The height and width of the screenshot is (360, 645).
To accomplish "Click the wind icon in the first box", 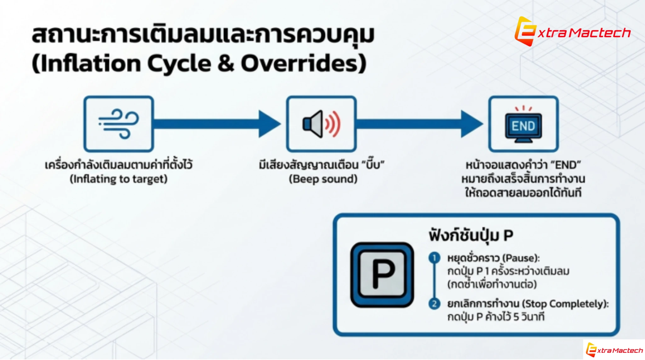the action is pos(118,124).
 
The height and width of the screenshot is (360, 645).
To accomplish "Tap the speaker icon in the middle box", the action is pos(321,124).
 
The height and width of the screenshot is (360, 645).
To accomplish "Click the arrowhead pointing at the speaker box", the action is pos(270,124).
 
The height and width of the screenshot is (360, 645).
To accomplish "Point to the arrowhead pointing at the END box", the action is pos(472,124).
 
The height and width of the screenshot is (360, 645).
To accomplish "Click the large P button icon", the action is pos(382,275).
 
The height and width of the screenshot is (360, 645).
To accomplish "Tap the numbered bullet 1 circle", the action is pos(434,258).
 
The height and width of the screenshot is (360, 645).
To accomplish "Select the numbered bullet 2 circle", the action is pos(434,304).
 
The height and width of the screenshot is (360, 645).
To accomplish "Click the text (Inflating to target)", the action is pos(118,179).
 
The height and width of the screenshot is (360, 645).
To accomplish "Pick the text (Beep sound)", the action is pos(323,179).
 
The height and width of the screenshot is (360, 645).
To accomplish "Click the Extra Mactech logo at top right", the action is pos(572,31).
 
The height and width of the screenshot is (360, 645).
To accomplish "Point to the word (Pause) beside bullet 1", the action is pos(521,258).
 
